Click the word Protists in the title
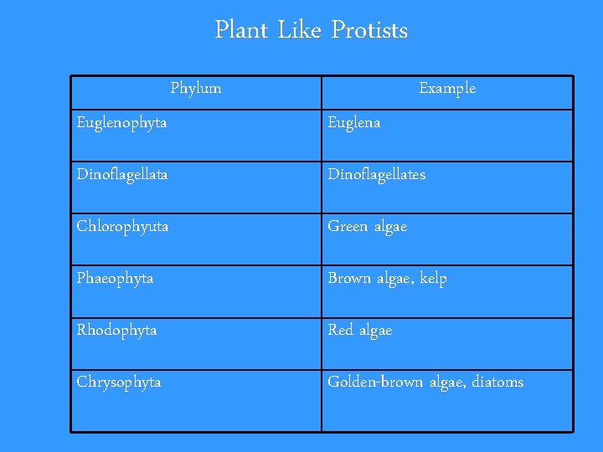[369, 31]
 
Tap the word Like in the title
[299, 31]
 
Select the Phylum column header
[196, 88]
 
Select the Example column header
[447, 88]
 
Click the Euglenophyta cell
[121, 123]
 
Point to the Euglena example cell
[353, 123]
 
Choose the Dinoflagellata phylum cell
[122, 175]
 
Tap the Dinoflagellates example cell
[376, 175]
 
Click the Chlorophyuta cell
[122, 227]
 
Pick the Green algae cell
[367, 227]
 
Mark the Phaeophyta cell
[115, 279]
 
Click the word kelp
[432, 279]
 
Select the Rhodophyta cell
[116, 331]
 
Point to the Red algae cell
[359, 331]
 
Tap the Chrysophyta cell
[119, 383]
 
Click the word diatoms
[497, 383]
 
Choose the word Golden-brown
[375, 383]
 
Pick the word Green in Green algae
[347, 227]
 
